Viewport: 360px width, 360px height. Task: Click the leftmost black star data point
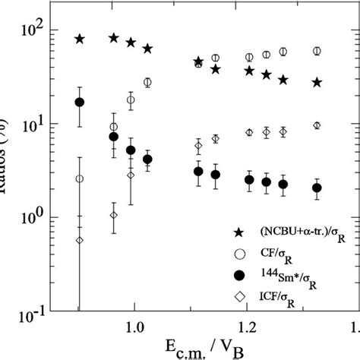pos(79,39)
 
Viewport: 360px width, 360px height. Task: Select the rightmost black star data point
pos(317,82)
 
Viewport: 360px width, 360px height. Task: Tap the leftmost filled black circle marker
pos(79,102)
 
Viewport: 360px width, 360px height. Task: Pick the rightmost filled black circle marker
pos(317,188)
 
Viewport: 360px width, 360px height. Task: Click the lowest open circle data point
pos(79,179)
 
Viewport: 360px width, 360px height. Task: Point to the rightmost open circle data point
pos(317,52)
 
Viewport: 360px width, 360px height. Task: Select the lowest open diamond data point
pos(79,240)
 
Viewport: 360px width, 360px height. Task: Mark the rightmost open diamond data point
pos(317,125)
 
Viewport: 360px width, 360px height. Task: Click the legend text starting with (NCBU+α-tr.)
pos(296,231)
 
